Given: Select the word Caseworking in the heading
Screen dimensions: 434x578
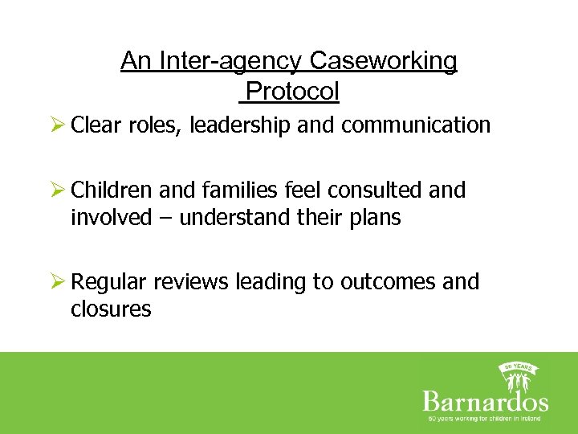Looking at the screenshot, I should (383, 61).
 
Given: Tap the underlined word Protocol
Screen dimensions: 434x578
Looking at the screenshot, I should (292, 92).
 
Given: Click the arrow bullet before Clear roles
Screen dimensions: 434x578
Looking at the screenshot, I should (57, 125).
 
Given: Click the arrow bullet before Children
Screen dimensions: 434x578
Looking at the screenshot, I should (57, 190).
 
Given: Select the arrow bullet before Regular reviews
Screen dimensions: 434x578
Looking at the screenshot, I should (57, 282).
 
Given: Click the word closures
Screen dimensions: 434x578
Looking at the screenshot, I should (111, 309).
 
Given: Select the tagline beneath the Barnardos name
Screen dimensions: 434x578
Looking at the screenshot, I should (485, 418).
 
